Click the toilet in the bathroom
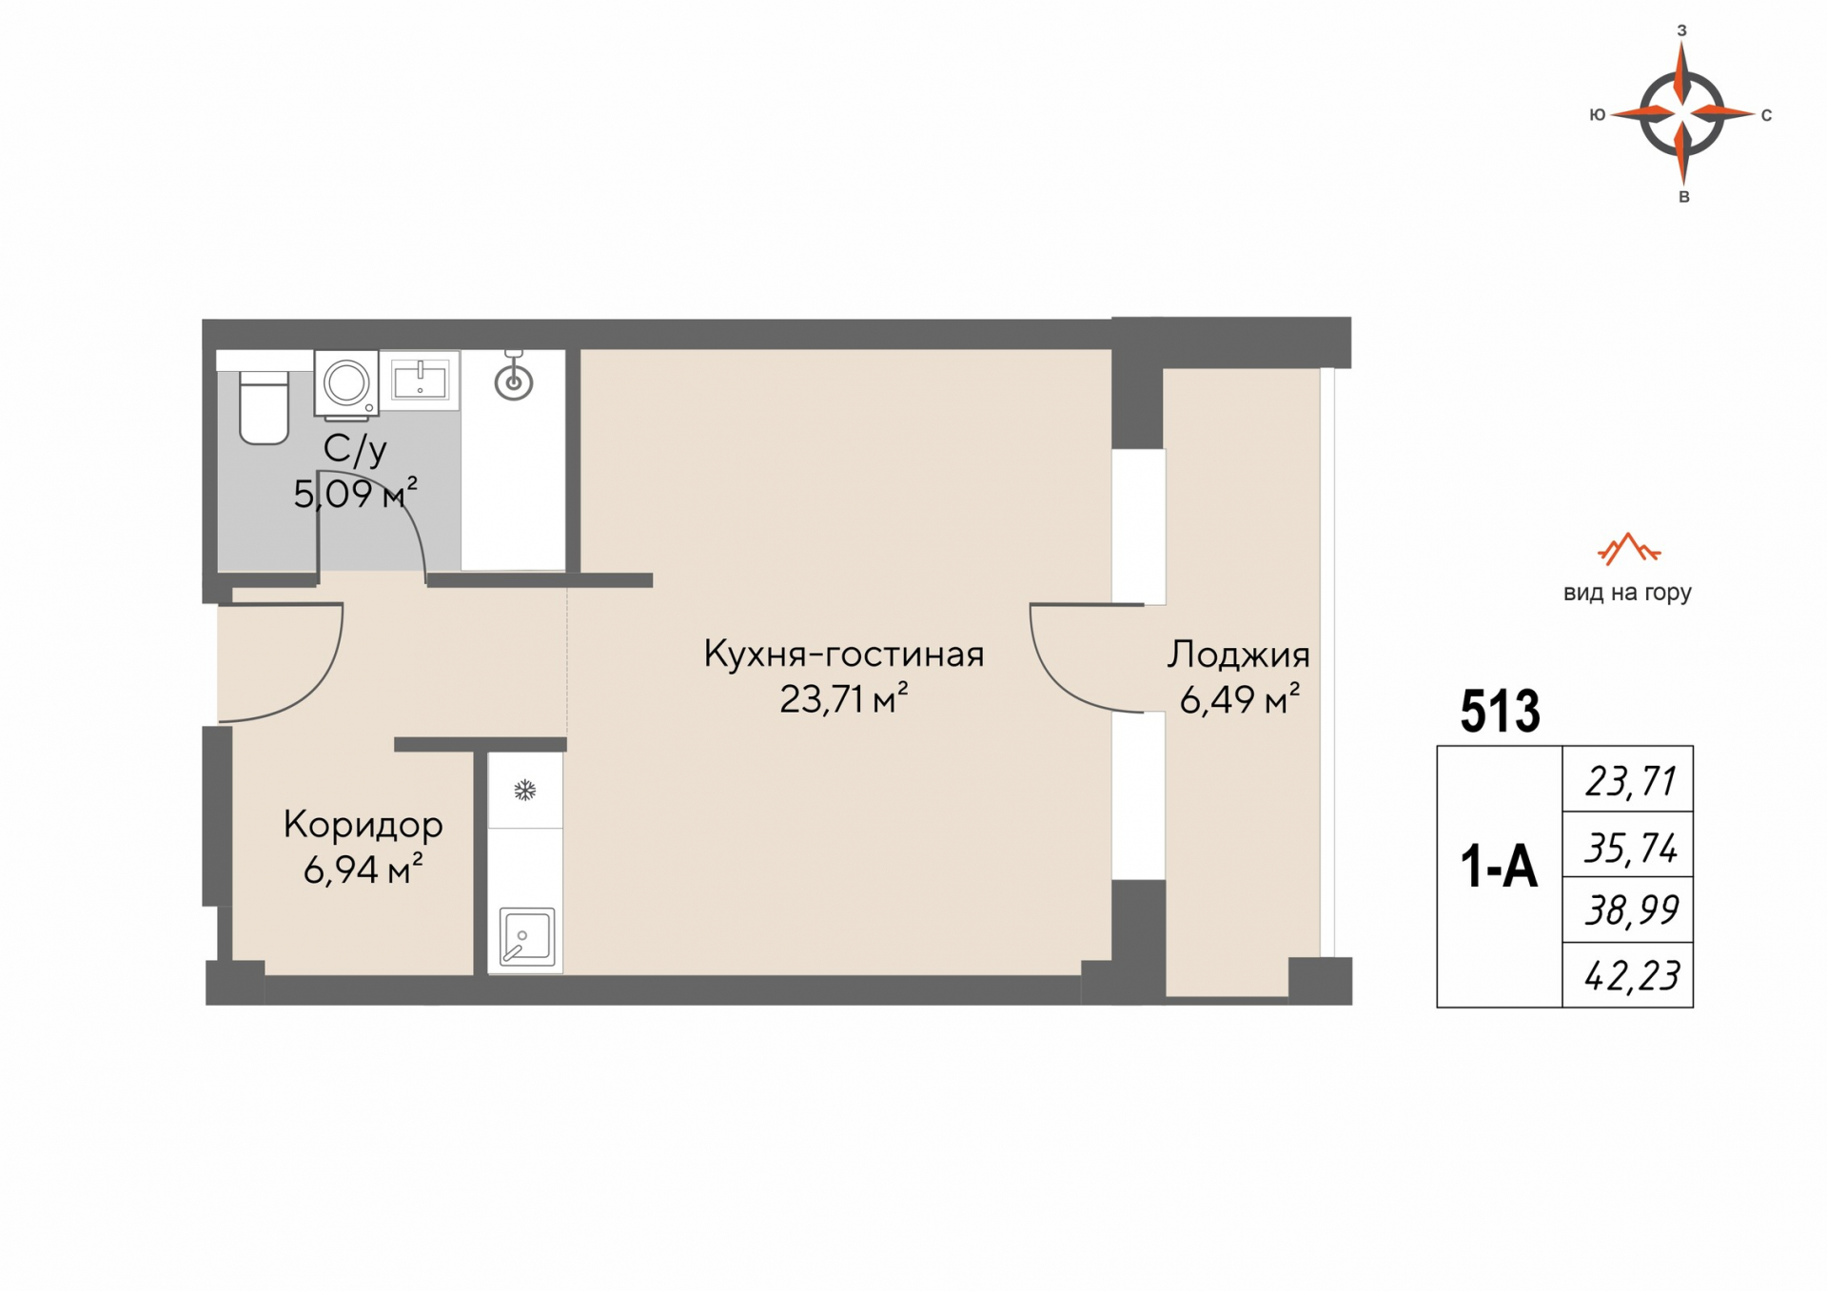point(264,407)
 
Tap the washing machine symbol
point(346,384)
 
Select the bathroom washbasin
point(420,381)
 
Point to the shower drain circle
point(514,382)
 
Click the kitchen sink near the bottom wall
point(526,936)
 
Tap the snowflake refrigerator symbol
point(524,790)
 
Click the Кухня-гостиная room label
point(844,655)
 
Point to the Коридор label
point(363,825)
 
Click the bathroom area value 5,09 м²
point(355,494)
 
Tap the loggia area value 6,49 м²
point(1240,700)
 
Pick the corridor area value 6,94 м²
point(363,870)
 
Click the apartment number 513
point(1500,711)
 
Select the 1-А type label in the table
point(1499,868)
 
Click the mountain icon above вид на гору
point(1628,548)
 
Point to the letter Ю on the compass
point(1598,115)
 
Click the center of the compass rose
point(1682,114)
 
